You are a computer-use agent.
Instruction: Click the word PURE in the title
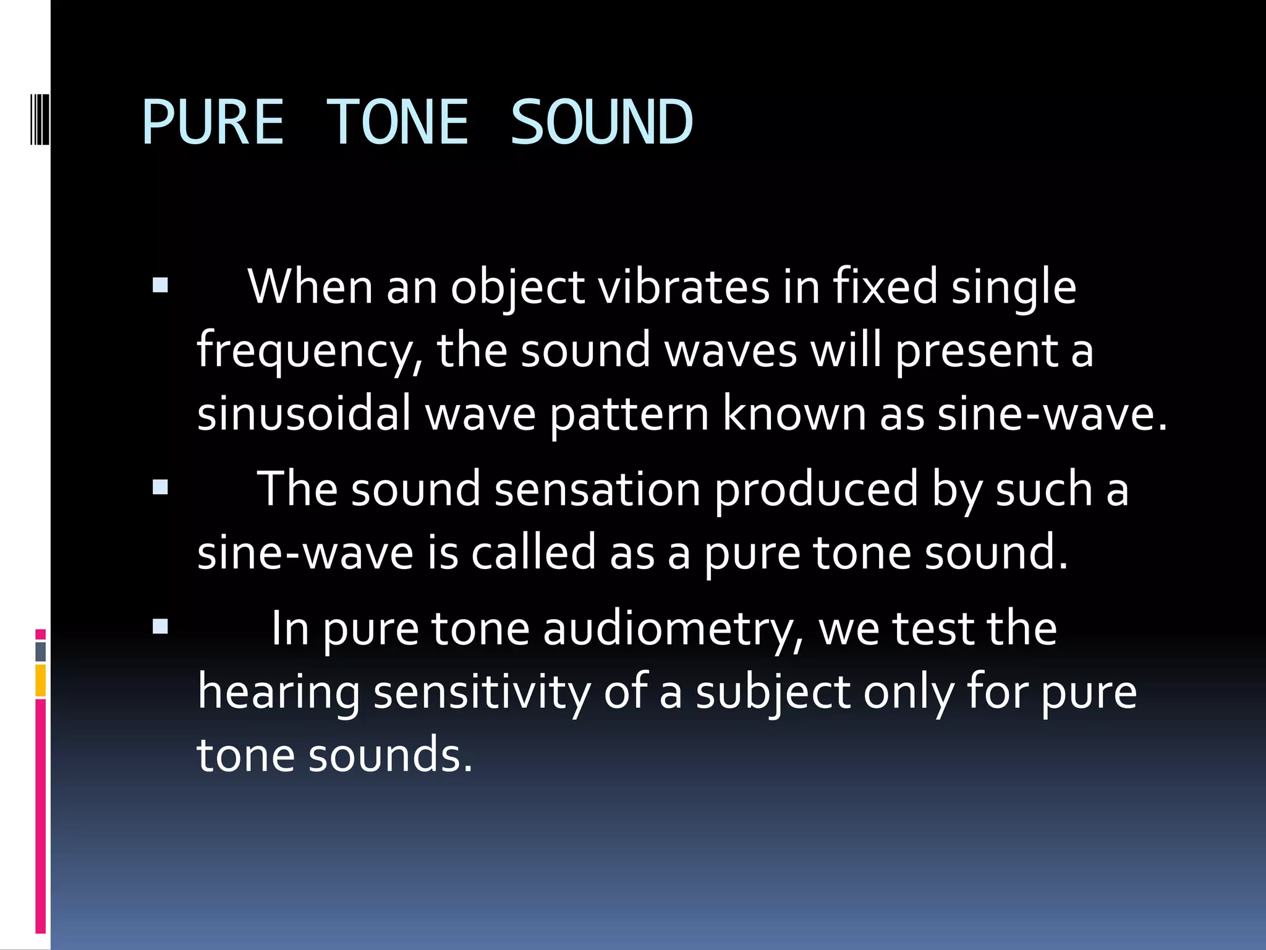click(x=213, y=122)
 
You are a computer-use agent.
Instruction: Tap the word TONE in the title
click(x=397, y=122)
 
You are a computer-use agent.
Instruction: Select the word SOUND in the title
click(x=601, y=122)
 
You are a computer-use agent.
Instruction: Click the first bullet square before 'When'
click(x=160, y=285)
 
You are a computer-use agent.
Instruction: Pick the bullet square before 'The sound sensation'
click(x=160, y=487)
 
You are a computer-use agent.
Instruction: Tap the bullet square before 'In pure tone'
click(x=160, y=627)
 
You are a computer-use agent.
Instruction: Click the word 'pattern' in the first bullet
click(x=629, y=414)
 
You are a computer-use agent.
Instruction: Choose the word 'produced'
click(x=816, y=490)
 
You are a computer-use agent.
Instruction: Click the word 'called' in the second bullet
click(x=533, y=552)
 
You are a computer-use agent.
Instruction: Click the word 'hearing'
click(x=278, y=693)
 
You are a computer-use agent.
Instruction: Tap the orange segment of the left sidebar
click(x=41, y=680)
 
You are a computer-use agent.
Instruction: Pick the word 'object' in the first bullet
click(x=517, y=288)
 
